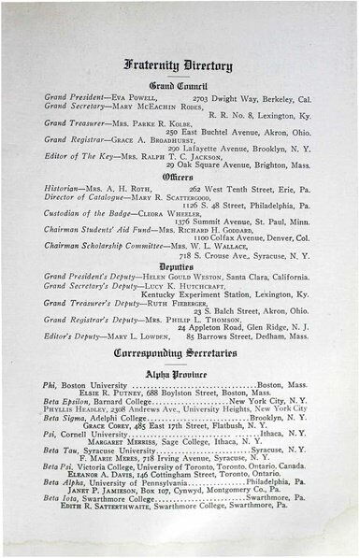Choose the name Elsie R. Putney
tap(108, 392)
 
